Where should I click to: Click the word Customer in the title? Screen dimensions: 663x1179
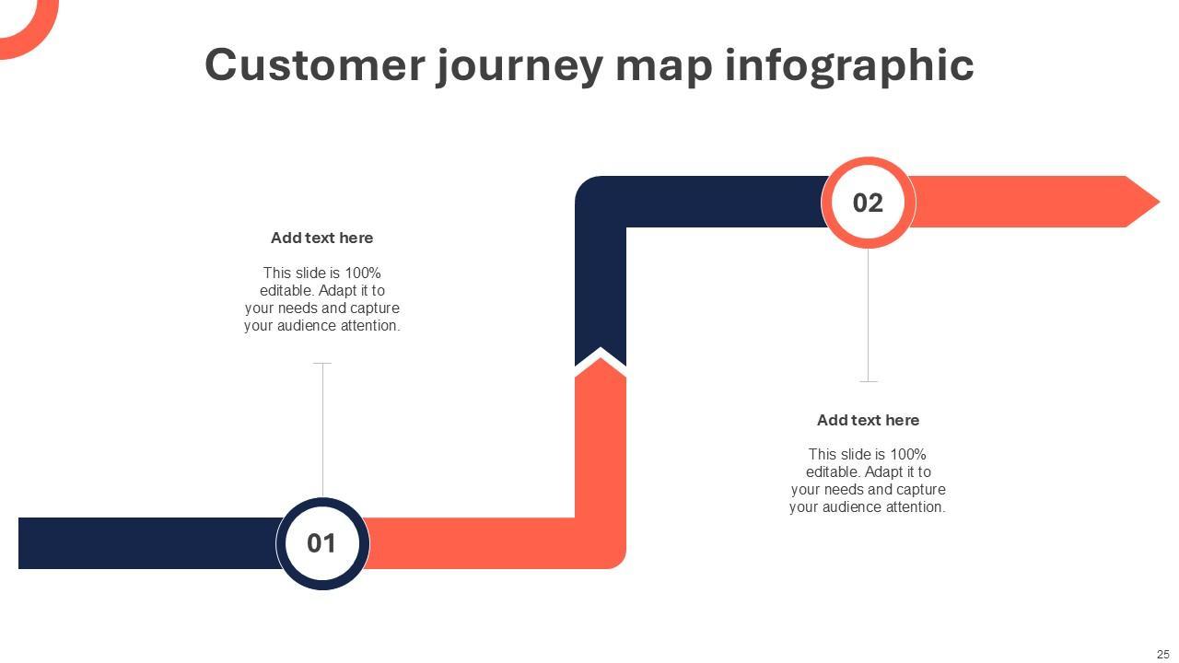315,64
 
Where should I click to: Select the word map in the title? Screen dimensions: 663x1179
663,66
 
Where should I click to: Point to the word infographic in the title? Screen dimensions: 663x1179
849,66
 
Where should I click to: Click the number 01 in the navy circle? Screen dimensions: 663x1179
321,543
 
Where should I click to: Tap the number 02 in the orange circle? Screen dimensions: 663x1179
868,203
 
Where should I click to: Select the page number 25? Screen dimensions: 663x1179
1162,654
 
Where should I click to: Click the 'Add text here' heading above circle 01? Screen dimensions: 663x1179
321,238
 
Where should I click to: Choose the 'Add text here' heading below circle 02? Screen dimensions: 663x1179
868,420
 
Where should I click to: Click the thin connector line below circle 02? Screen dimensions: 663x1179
868,313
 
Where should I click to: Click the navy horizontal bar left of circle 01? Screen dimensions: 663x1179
147,543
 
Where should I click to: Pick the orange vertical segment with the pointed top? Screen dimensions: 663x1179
601,442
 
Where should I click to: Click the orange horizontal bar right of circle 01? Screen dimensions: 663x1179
470,543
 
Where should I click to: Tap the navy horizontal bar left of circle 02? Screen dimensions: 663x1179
718,202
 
